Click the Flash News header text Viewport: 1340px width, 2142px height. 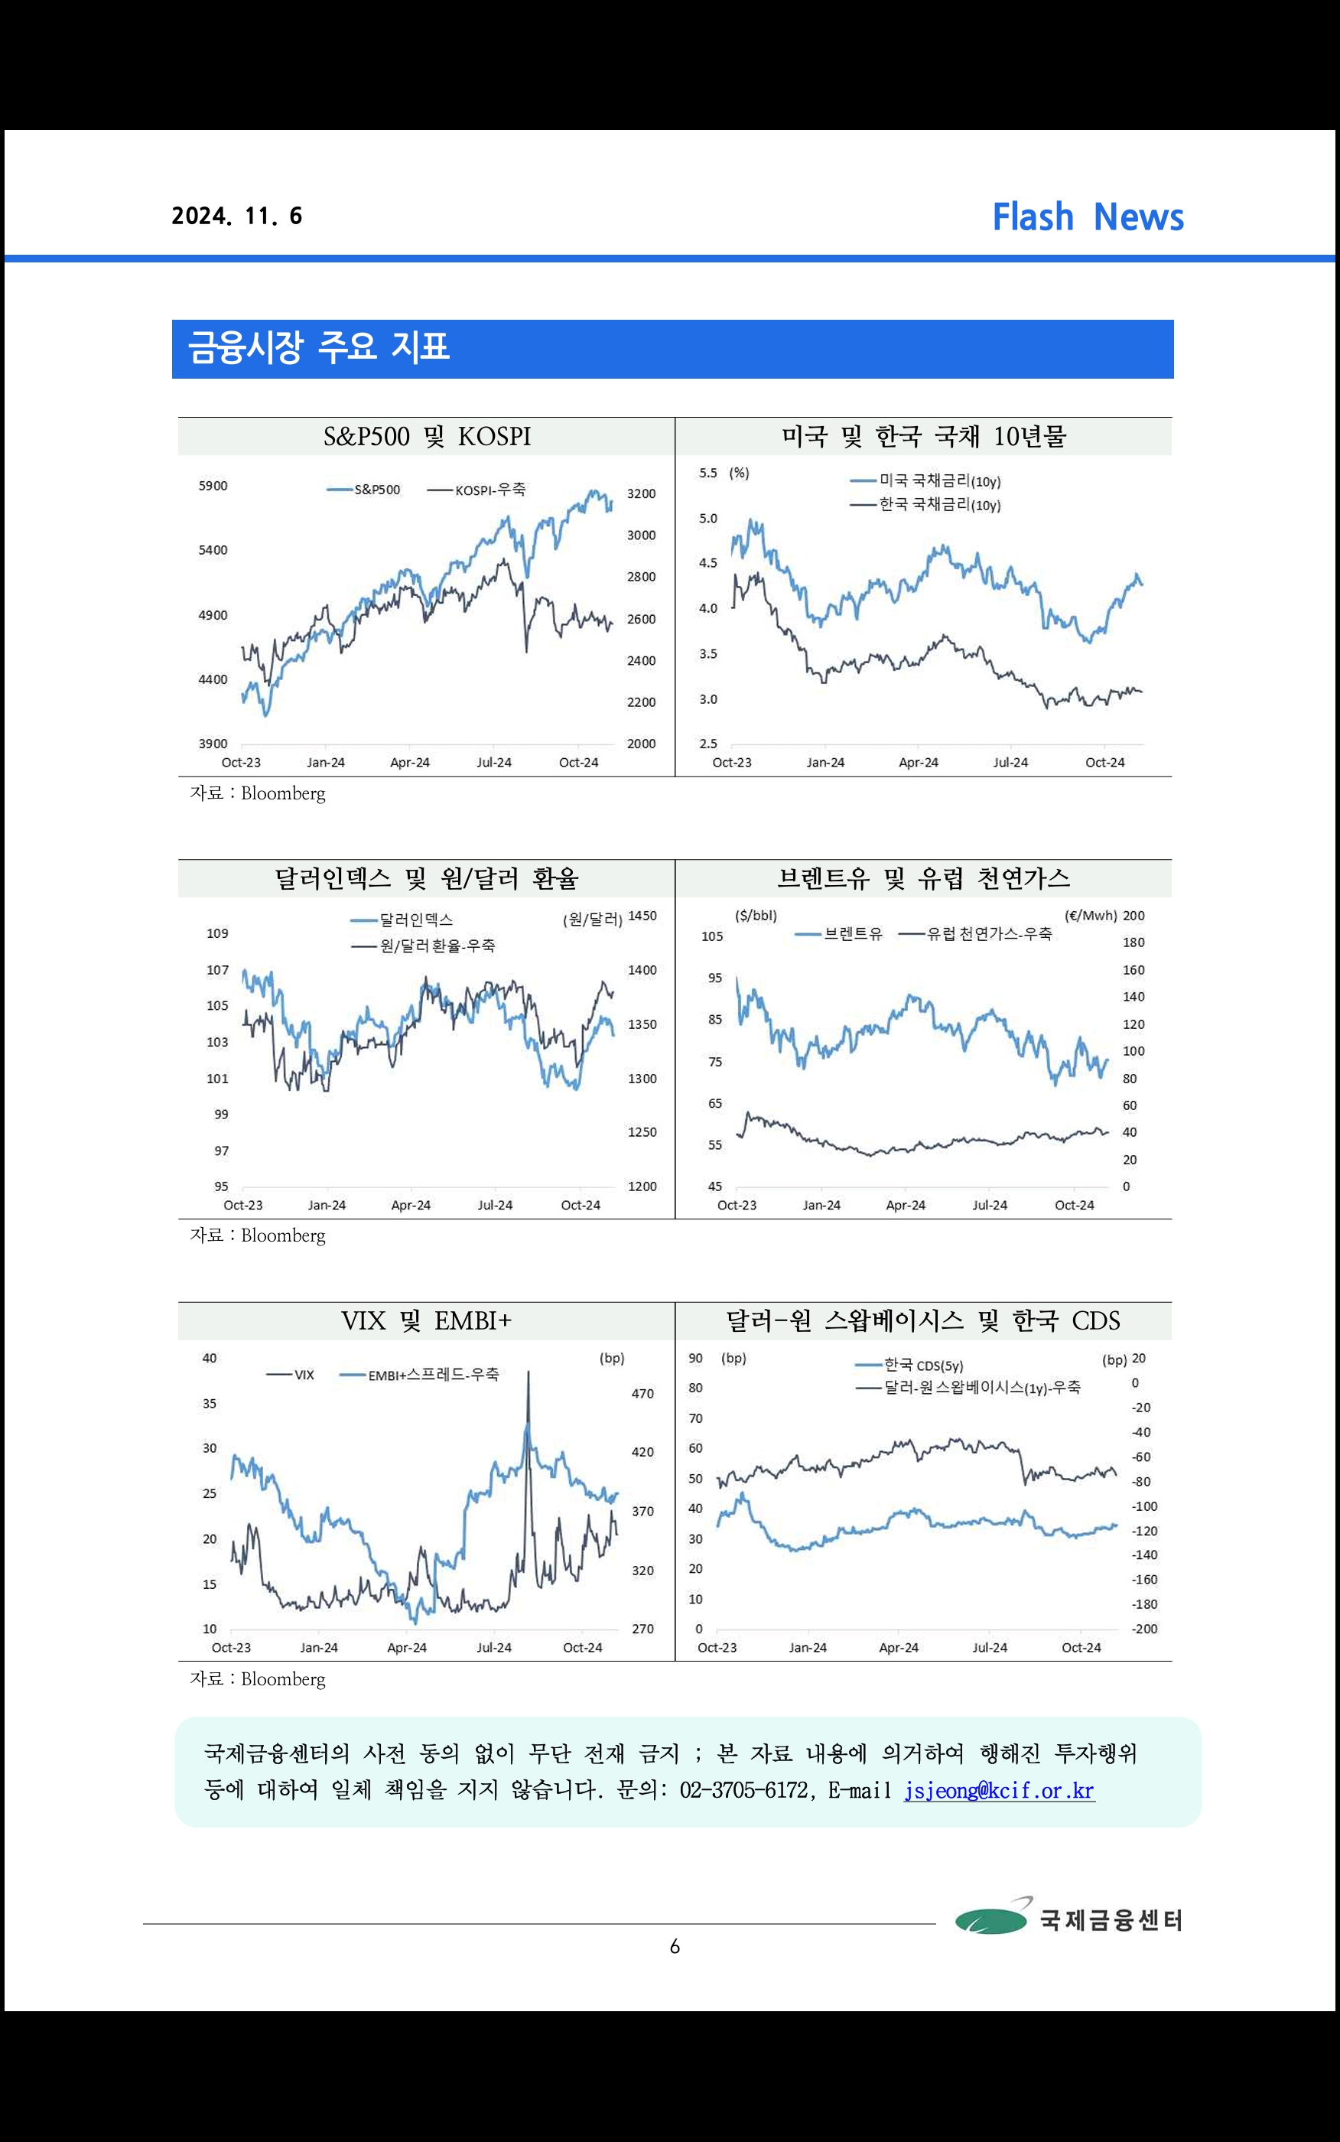pos(1088,217)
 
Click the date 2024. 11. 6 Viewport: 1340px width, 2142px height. pos(236,216)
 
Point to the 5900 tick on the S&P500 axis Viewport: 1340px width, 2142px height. pos(213,486)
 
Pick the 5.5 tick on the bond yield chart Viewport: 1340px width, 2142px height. pos(707,474)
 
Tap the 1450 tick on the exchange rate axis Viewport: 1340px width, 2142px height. pos(642,916)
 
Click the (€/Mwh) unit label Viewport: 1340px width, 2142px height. pos(1090,916)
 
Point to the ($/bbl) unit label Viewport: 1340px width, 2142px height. pos(755,916)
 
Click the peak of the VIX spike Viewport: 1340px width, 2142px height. pos(529,1372)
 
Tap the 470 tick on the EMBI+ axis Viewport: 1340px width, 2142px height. pos(642,1394)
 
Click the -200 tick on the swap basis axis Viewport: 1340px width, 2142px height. pos(1144,1629)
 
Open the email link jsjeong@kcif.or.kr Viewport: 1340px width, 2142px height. pos(999,1790)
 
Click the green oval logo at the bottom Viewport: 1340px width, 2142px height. pos(990,1920)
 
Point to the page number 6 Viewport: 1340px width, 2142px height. pos(675,1947)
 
